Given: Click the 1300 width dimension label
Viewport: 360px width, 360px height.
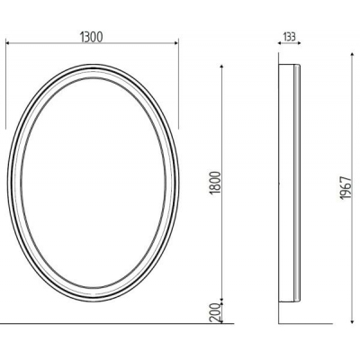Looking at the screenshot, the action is (x=92, y=37).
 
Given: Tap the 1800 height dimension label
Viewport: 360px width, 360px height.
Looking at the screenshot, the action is (x=215, y=183).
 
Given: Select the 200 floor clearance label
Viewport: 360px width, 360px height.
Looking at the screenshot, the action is (x=215, y=312).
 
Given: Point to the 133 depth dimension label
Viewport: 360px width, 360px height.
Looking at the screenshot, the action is (x=289, y=37).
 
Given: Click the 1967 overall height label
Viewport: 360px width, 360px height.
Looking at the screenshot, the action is (x=346, y=188).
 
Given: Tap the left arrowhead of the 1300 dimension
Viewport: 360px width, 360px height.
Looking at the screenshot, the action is (x=8, y=43).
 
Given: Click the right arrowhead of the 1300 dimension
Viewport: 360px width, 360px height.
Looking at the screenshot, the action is (x=176, y=43).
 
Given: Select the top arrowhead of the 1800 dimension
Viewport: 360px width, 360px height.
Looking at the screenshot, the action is (x=221, y=67).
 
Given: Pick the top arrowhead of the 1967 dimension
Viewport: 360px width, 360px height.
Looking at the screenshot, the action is (x=353, y=55).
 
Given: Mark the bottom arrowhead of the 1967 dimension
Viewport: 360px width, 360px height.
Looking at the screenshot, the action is (x=353, y=321).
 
